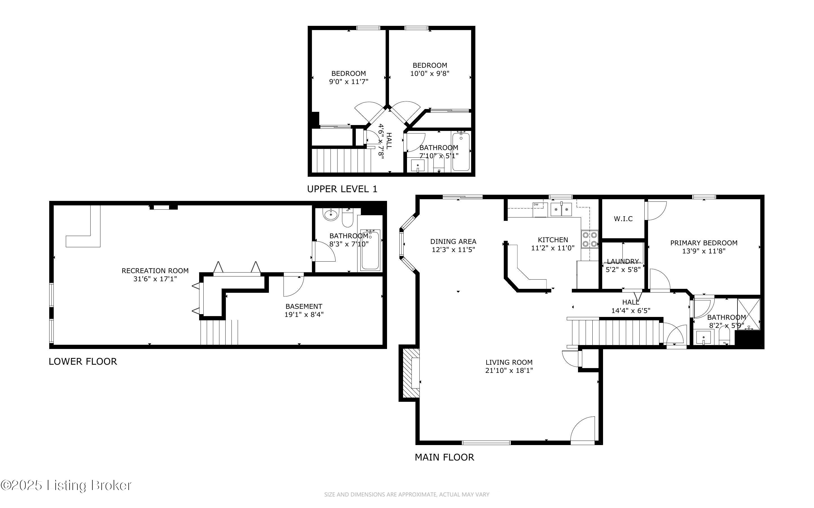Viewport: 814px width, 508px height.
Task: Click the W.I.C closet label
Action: [623, 219]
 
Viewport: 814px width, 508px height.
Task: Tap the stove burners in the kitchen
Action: [590, 239]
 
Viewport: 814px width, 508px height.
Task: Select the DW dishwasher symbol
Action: [536, 204]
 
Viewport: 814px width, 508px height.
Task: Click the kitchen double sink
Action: [561, 210]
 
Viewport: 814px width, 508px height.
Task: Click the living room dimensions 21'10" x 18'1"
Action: [509, 371]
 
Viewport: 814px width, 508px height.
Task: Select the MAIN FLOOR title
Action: [444, 457]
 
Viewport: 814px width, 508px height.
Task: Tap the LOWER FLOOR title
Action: [83, 362]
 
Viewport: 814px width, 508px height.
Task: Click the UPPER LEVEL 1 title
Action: [342, 189]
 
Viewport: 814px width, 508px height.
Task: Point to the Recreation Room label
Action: [155, 271]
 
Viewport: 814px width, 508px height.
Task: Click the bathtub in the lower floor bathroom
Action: [370, 250]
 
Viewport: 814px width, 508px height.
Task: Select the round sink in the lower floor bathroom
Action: [330, 214]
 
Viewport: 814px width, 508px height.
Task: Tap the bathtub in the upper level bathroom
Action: [461, 152]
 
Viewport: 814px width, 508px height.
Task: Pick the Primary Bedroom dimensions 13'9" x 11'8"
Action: [703, 251]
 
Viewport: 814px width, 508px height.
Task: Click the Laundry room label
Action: [623, 261]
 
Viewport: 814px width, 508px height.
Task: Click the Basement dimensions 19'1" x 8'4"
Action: [303, 314]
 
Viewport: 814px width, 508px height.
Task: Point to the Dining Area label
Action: [453, 241]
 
